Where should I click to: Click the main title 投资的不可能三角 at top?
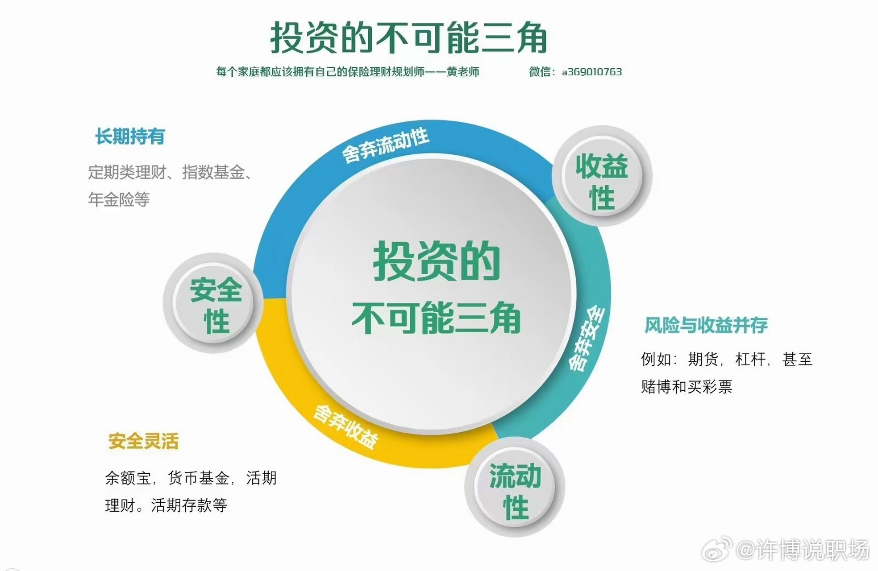pos(408,38)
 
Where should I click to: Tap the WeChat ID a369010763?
pos(591,72)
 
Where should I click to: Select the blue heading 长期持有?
pos(130,137)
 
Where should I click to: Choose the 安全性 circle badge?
pos(213,303)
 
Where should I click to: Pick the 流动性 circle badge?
pos(515,487)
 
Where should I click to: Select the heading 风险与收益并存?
pos(706,325)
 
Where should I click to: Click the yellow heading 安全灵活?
pos(143,442)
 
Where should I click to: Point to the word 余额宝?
pos(128,478)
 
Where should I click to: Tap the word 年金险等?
pos(119,199)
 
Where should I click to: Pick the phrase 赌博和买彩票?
pos(687,386)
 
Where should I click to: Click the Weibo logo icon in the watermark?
pos(716,549)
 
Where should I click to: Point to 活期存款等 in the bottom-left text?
pos(189,505)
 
